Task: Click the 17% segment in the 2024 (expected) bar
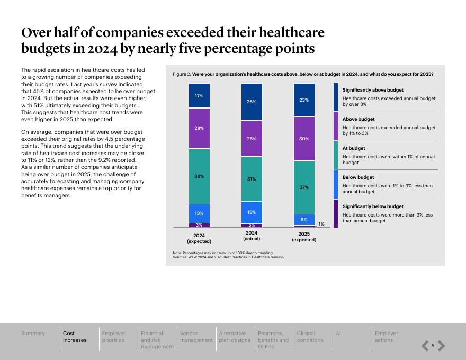pos(199,96)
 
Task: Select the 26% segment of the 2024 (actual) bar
pos(252,102)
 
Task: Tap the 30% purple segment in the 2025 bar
pos(304,139)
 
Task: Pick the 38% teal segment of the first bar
pos(199,176)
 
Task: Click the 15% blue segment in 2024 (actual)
pos(252,212)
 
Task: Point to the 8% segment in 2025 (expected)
pos(304,220)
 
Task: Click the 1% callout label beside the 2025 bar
pos(321,224)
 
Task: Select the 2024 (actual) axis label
pos(252,236)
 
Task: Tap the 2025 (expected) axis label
pos(304,237)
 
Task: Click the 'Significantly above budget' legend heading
pos(373,90)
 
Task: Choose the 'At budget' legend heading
pos(354,148)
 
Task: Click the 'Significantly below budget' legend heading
pos(373,206)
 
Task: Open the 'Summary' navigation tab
pos(33,334)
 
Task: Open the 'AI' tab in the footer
pos(338,334)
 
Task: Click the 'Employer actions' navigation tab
pos(386,337)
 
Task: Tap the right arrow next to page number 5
pos(441,346)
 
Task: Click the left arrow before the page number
pos(425,346)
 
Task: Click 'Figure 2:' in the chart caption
pos(182,74)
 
